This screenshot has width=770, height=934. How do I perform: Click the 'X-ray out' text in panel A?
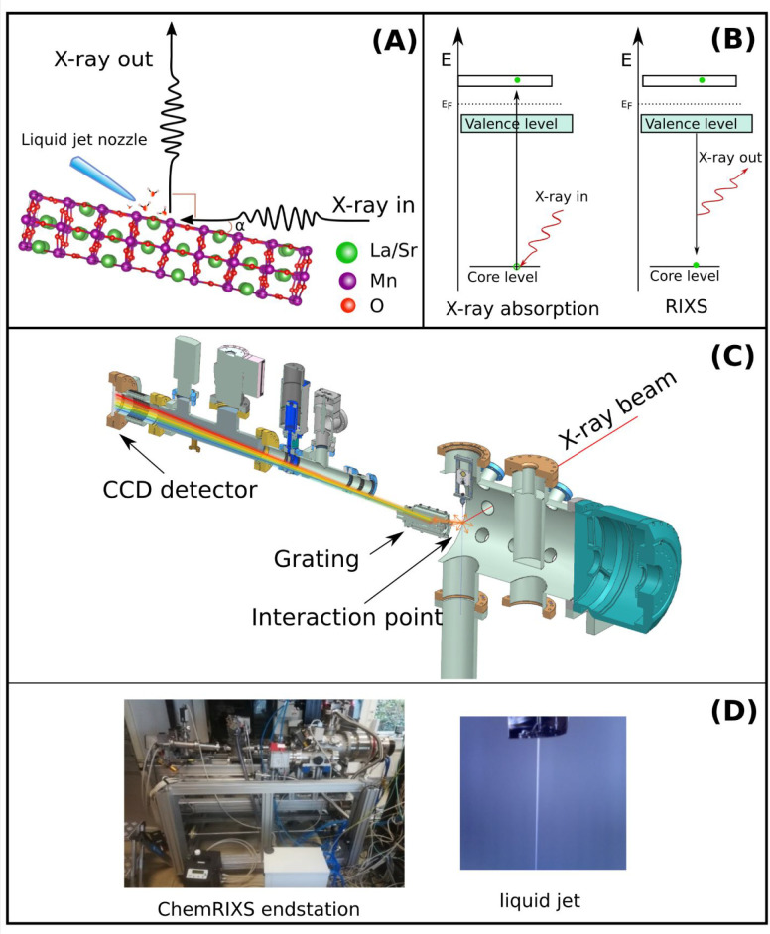[x=103, y=59]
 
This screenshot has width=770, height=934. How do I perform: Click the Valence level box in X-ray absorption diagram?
[x=516, y=124]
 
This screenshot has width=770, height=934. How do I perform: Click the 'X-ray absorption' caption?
[x=522, y=308]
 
